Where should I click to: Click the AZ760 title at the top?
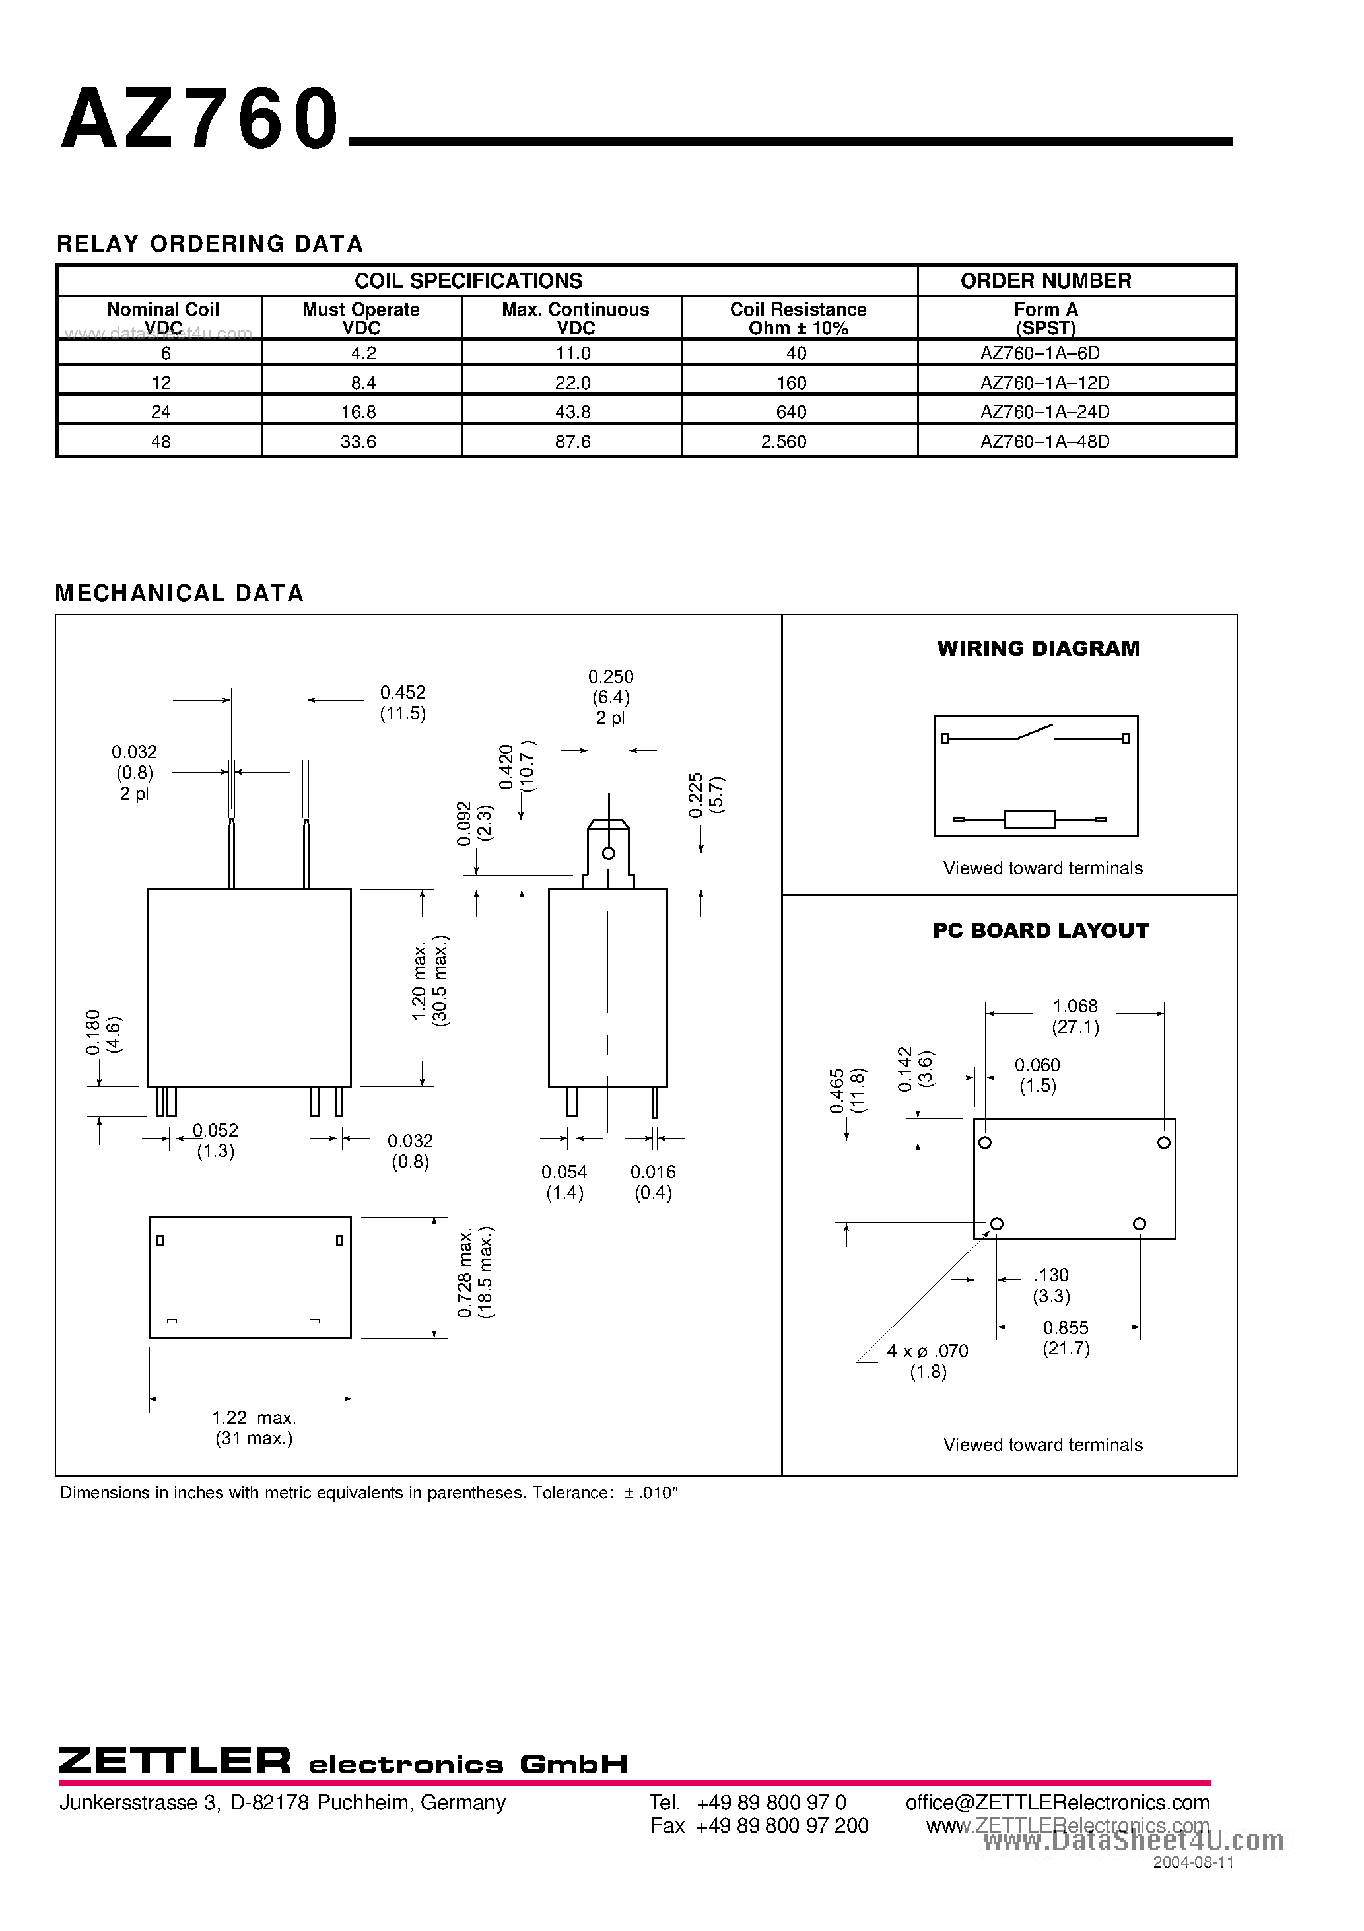pos(200,120)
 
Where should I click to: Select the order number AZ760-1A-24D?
pos(1044,412)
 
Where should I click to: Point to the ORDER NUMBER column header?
pos(1045,281)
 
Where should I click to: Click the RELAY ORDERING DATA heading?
pos(210,244)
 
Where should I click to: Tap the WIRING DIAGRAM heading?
pos(1038,649)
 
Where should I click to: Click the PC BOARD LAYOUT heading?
pos(1040,931)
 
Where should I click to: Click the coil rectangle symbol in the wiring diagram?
pos(1029,818)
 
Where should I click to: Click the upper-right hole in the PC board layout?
pos(1164,1142)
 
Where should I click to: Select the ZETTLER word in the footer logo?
pos(175,1759)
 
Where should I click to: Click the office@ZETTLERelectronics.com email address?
pos(1057,1802)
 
